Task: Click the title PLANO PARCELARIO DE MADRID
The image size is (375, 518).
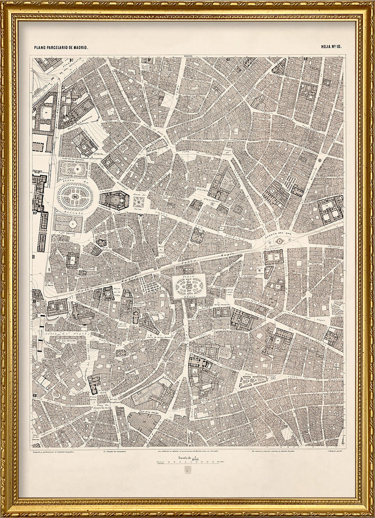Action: pyautogui.click(x=60, y=48)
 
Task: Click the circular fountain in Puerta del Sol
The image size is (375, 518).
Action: pyautogui.click(x=280, y=241)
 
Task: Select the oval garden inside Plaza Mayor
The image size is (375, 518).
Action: pyautogui.click(x=189, y=284)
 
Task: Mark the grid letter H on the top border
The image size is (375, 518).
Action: pyautogui.click(x=305, y=59)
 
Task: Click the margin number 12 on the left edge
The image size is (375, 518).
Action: pyautogui.click(x=35, y=396)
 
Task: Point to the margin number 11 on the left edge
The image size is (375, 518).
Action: pyautogui.click(x=35, y=300)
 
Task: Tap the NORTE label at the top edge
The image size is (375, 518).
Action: pyautogui.click(x=188, y=57)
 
